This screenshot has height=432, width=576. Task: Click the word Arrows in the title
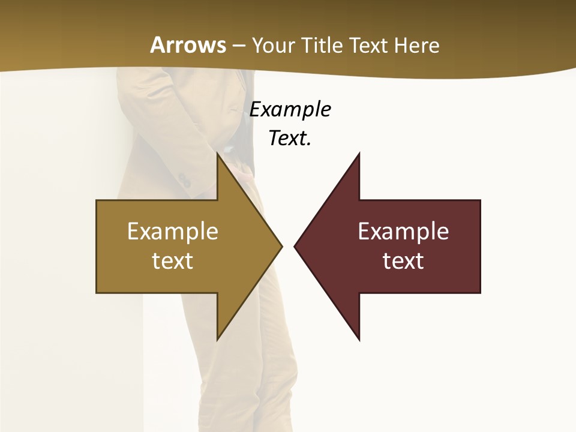click(188, 45)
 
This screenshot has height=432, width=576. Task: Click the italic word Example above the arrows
click(290, 110)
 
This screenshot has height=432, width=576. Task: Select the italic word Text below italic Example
click(288, 139)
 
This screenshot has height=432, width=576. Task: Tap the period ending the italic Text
click(310, 145)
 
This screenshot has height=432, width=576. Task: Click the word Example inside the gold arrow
click(173, 232)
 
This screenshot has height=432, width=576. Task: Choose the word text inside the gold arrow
click(173, 260)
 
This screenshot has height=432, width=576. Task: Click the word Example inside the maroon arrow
click(403, 232)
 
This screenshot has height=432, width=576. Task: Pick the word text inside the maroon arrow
click(403, 260)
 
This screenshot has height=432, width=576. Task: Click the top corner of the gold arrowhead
click(218, 154)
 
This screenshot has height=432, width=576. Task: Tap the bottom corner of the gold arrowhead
click(218, 338)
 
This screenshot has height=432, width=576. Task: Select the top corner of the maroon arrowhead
click(359, 154)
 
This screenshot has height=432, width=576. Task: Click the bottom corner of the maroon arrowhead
click(359, 338)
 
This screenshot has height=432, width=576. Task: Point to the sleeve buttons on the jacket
click(184, 179)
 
